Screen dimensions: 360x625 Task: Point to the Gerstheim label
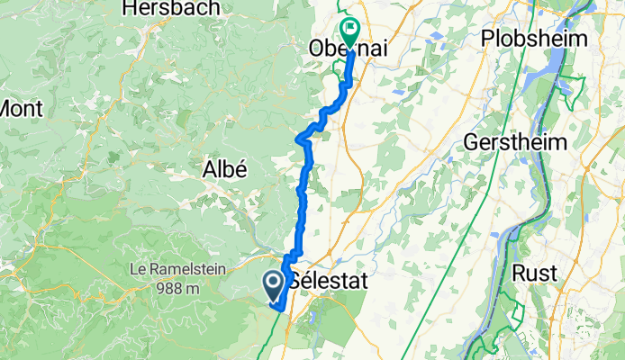tap(515, 142)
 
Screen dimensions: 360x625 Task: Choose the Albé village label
tap(225, 168)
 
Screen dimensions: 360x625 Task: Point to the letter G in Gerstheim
tap(472, 142)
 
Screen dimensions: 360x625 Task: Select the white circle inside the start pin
tap(273, 284)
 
